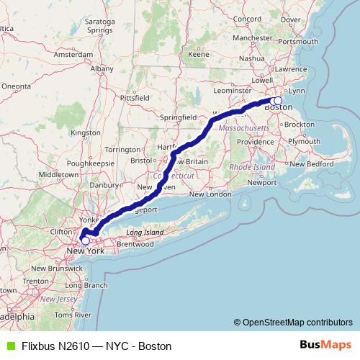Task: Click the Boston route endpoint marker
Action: pyautogui.click(x=278, y=101)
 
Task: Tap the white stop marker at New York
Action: pyautogui.click(x=86, y=241)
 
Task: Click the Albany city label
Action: pyautogui.click(x=102, y=68)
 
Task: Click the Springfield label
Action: pyautogui.click(x=179, y=116)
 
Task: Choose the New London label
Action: pyautogui.click(x=210, y=194)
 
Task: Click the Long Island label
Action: pyautogui.click(x=146, y=233)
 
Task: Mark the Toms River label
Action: pyautogui.click(x=73, y=315)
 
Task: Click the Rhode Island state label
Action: pyautogui.click(x=252, y=167)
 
